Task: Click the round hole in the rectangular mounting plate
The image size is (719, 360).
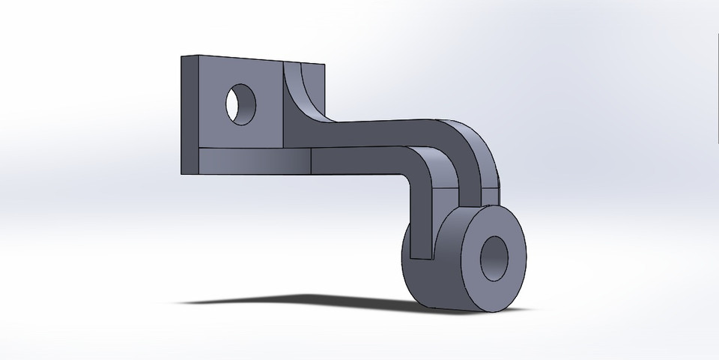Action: click(241, 104)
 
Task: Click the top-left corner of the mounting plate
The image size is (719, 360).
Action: click(181, 55)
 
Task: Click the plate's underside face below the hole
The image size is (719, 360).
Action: click(247, 160)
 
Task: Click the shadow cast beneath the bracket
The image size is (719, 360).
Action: click(300, 300)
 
